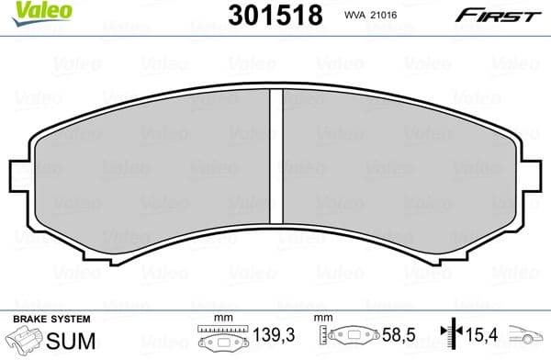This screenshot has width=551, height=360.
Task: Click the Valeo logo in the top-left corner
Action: coord(29,11)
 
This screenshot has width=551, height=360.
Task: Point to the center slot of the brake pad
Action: coord(274,162)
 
